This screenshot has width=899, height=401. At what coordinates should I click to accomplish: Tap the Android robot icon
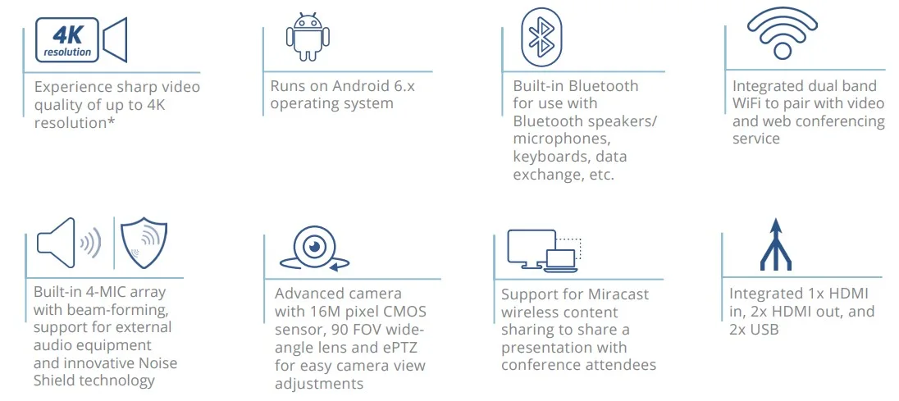308,38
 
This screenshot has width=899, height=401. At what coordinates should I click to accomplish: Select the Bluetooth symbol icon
541,37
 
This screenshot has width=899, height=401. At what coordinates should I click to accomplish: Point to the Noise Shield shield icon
144,243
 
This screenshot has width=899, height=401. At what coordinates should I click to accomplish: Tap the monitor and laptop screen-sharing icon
544,250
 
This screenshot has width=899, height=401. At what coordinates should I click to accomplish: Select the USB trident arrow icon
776,244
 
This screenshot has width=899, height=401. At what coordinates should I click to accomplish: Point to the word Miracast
618,294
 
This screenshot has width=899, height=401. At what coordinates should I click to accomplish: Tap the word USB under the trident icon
764,330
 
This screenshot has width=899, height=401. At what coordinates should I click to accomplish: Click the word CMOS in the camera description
405,312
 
